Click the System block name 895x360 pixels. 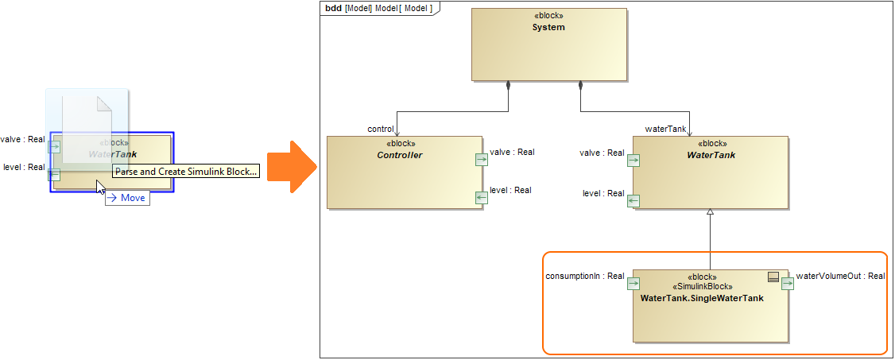[x=548, y=27]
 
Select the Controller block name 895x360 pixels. [x=400, y=155]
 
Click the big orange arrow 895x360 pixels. [x=291, y=166]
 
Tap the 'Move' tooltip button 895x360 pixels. [x=127, y=198]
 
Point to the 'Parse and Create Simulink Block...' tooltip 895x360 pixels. [x=186, y=171]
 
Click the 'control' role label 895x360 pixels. [x=381, y=129]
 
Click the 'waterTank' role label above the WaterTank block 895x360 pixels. [x=665, y=129]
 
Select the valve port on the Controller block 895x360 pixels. [x=481, y=160]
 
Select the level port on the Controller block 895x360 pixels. [x=481, y=197]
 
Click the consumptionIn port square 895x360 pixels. [x=633, y=284]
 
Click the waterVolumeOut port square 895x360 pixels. [x=788, y=284]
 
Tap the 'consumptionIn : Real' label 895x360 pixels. [x=585, y=277]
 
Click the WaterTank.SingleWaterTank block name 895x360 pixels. [x=702, y=298]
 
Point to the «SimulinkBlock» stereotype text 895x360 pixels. [x=702, y=287]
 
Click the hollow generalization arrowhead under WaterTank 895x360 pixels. [x=711, y=212]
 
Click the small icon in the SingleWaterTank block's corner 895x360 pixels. [x=772, y=277]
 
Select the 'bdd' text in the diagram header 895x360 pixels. [x=333, y=8]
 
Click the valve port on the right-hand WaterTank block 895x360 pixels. [x=633, y=160]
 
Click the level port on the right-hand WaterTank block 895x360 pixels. [x=633, y=200]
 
